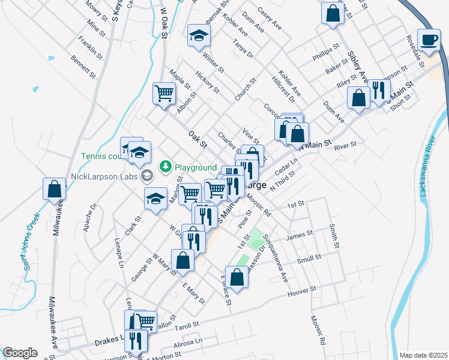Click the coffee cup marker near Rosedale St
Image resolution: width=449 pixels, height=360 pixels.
click(x=429, y=40)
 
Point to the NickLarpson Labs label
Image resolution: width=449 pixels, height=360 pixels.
click(x=103, y=176)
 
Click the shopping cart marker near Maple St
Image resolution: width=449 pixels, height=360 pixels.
click(x=164, y=93)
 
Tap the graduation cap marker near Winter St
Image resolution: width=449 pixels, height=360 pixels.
click(x=197, y=35)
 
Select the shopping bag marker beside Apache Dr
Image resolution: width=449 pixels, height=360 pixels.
click(x=54, y=190)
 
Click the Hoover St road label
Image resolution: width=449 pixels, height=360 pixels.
click(x=301, y=290)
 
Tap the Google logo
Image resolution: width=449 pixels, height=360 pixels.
click(x=20, y=353)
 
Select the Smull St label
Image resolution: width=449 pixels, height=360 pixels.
click(x=309, y=259)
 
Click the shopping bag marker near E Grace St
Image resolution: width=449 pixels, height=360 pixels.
click(x=237, y=277)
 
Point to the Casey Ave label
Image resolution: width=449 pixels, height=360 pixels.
click(x=269, y=19)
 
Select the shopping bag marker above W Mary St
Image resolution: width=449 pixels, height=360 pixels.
click(x=182, y=260)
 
